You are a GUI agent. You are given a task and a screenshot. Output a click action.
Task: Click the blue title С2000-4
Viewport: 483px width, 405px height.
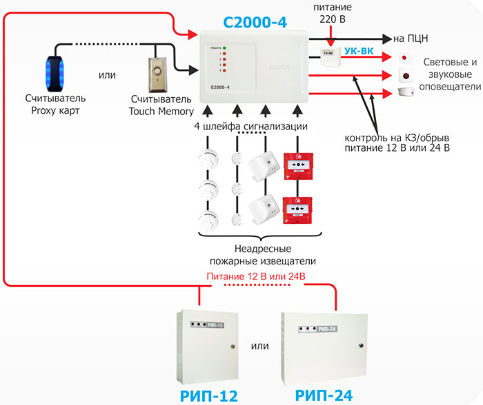point(255,22)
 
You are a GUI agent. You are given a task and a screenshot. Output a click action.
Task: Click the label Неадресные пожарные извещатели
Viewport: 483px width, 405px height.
point(262,255)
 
